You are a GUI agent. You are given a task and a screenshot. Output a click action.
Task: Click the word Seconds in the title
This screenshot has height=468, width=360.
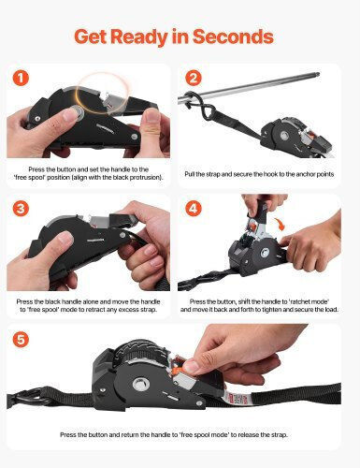point(233,37)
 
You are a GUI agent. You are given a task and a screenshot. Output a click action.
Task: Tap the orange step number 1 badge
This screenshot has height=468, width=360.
point(21,78)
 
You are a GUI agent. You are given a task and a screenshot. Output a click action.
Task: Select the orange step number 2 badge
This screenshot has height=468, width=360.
point(194,78)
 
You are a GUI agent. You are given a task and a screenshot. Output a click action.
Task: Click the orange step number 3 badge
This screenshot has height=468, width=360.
point(21,209)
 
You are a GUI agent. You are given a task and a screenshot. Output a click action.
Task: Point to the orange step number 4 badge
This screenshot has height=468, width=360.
point(194,209)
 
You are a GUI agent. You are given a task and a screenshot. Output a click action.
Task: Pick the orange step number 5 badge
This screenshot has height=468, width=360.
point(21,339)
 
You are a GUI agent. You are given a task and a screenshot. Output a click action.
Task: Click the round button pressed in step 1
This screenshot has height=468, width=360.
point(76,112)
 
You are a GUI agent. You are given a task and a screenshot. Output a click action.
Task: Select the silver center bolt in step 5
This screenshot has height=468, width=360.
point(140,385)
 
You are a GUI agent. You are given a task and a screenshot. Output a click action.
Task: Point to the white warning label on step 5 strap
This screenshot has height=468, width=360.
point(238,399)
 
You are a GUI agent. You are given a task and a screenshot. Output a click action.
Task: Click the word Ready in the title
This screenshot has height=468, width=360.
point(139,37)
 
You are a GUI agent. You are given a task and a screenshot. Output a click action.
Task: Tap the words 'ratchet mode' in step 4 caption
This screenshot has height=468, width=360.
point(310,301)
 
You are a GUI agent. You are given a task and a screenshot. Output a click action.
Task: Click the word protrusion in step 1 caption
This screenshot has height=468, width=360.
point(146,178)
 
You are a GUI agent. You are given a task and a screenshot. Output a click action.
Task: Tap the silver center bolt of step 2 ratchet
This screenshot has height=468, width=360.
point(284,136)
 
